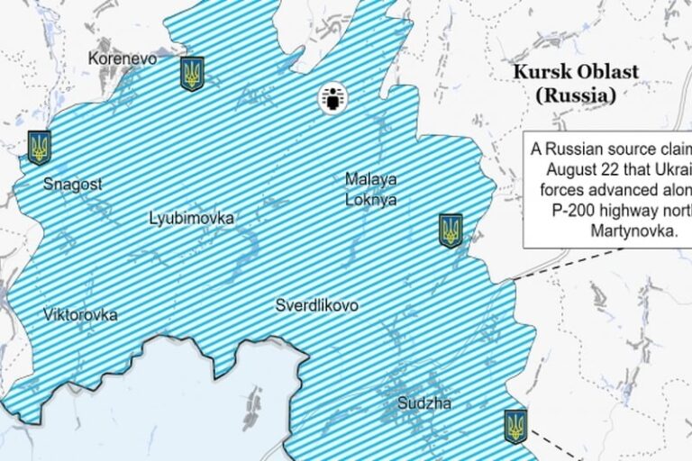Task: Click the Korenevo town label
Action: [123, 59]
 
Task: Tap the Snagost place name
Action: [73, 184]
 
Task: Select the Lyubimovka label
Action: [192, 218]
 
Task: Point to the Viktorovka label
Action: [80, 314]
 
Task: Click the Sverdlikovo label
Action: [316, 305]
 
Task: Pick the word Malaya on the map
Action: [370, 178]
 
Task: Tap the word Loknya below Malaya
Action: [370, 199]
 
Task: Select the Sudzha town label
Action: [424, 403]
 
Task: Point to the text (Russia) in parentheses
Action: [575, 94]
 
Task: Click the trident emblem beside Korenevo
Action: [192, 74]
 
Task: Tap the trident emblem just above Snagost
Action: [39, 147]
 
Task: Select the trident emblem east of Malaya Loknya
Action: [451, 230]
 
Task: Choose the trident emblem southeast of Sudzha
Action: [515, 425]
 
